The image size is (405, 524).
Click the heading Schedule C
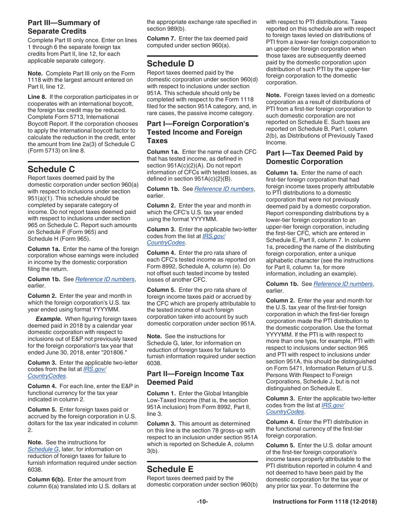[51, 169]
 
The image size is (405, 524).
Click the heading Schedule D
[171, 63]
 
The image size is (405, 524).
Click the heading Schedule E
[170, 469]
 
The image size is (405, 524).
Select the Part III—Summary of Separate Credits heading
[64, 27]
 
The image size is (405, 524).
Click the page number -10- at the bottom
[202, 502]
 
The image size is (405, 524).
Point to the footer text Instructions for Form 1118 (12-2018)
[324, 502]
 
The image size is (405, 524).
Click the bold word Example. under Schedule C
[49, 319]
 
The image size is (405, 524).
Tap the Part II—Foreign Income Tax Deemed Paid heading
[195, 378]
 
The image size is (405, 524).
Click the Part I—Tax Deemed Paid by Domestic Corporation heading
[314, 157]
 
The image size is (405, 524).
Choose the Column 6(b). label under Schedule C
[46, 479]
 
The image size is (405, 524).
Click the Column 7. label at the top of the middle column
[160, 38]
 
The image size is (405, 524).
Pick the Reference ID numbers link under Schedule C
[105, 279]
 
